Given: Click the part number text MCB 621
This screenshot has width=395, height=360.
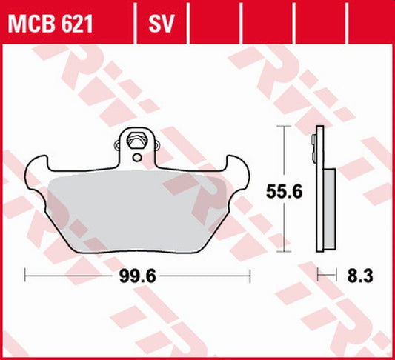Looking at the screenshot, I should pos(50,25).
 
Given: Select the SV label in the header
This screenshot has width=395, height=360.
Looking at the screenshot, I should pos(161,25).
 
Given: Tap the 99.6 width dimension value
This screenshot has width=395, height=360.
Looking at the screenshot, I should pos(139,276).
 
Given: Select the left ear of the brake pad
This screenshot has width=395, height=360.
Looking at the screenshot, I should pos(37,167).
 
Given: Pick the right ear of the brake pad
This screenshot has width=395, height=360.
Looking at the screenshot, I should pos(239,167).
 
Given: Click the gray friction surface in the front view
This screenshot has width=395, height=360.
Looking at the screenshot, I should pos(138,207).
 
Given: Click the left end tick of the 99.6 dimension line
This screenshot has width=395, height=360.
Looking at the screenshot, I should pos(26,276).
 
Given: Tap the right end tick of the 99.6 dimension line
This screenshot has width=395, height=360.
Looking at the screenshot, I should pos(250,276).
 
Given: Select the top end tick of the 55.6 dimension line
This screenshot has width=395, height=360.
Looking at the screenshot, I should pos(282,127).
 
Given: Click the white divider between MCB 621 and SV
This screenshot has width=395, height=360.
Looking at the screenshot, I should pos(136,25).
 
